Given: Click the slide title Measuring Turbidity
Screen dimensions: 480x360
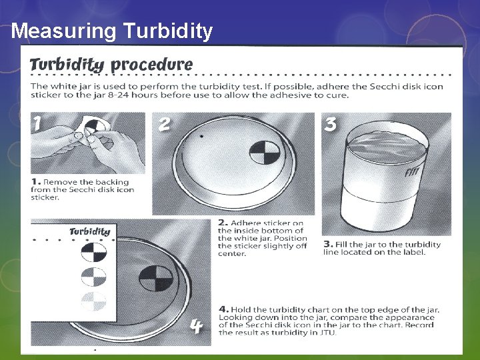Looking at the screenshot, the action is pyautogui.click(x=112, y=31).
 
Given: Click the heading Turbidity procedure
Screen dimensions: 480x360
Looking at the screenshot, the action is pyautogui.click(x=111, y=65).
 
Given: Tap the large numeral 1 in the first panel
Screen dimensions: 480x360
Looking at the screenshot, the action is pyautogui.click(x=37, y=124).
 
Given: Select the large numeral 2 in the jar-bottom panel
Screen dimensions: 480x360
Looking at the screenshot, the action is pyautogui.click(x=164, y=124).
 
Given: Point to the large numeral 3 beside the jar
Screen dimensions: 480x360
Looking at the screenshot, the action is pyautogui.click(x=330, y=124).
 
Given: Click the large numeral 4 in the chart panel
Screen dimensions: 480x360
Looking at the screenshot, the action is pyautogui.click(x=196, y=326).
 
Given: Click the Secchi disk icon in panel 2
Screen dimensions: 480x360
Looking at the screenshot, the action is pyautogui.click(x=265, y=152).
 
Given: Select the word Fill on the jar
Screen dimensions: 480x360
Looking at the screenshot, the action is pyautogui.click(x=411, y=172).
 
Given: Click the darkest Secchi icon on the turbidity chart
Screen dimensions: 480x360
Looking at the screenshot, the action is pyautogui.click(x=94, y=252).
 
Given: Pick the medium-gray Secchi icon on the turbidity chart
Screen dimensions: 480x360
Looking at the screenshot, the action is pyautogui.click(x=94, y=277).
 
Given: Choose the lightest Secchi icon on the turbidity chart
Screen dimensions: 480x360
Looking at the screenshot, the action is pyautogui.click(x=94, y=301).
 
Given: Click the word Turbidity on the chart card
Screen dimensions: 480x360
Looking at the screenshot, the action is pyautogui.click(x=90, y=232).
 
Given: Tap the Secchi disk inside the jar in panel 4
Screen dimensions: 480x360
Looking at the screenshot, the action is pyautogui.click(x=156, y=278).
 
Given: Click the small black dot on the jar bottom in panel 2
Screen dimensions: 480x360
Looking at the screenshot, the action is pyautogui.click(x=201, y=136).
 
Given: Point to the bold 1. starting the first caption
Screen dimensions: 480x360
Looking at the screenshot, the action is pyautogui.click(x=36, y=182).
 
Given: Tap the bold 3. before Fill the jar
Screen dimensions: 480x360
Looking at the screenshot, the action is pyautogui.click(x=329, y=244).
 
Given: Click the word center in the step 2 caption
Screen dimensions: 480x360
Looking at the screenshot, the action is pyautogui.click(x=232, y=254).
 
